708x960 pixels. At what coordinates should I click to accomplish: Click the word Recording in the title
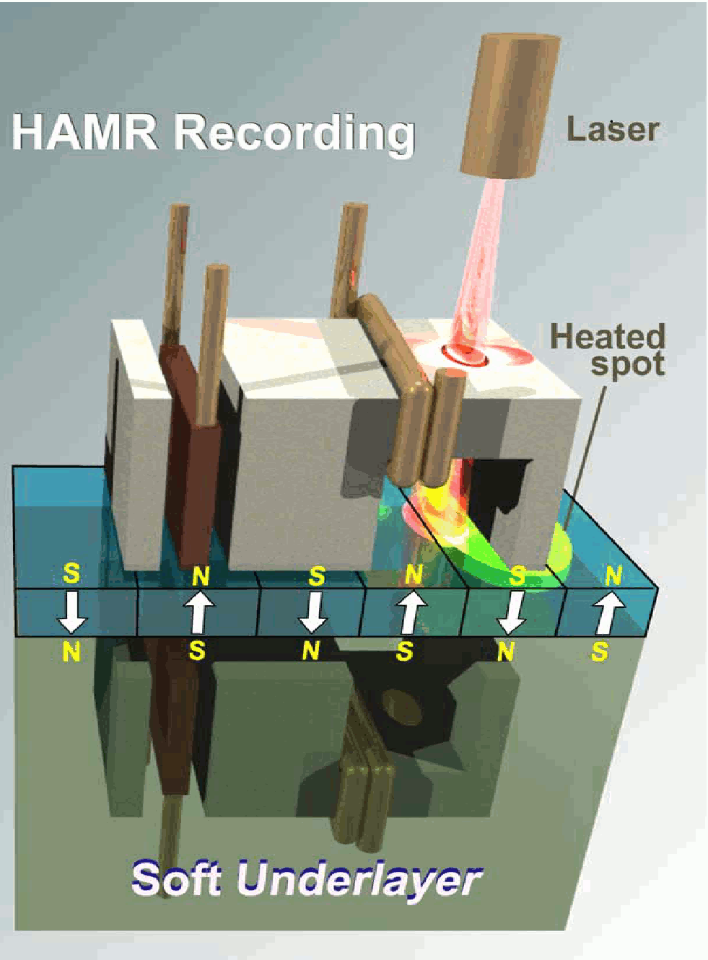(x=294, y=134)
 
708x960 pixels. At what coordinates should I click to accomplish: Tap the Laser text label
(x=613, y=130)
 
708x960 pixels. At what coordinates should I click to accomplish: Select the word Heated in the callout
(x=607, y=337)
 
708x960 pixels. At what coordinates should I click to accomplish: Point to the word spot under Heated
(x=627, y=364)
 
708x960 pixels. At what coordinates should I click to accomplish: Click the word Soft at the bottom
(x=176, y=878)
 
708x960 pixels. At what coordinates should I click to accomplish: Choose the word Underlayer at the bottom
(x=359, y=879)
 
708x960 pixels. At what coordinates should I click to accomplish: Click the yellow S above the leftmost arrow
(x=71, y=573)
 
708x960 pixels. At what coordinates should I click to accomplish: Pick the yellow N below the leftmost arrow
(x=71, y=652)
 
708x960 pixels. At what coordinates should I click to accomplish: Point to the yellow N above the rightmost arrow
(x=613, y=576)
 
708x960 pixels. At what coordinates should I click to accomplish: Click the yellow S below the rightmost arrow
(x=599, y=652)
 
